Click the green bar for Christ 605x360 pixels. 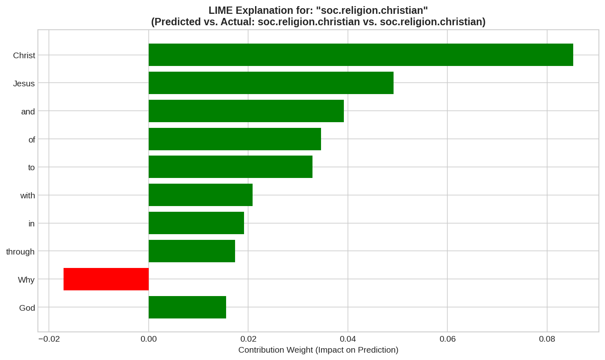361,55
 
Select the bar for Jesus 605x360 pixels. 271,83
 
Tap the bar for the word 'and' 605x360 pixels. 246,111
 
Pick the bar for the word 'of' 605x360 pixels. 235,139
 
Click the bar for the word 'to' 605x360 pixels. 230,167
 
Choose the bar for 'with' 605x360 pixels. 200,195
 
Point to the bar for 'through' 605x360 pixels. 191,251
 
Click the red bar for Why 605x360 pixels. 106,279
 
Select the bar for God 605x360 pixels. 187,307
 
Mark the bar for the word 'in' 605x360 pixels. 196,223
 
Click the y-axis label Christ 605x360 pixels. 24,55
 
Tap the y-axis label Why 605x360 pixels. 26,280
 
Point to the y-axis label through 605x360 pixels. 20,252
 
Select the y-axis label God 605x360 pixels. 27,308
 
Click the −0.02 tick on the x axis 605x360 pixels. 49,339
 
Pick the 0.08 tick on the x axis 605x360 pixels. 547,339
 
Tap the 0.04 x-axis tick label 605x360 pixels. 348,339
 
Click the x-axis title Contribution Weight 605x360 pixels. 318,350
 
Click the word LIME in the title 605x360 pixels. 220,11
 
